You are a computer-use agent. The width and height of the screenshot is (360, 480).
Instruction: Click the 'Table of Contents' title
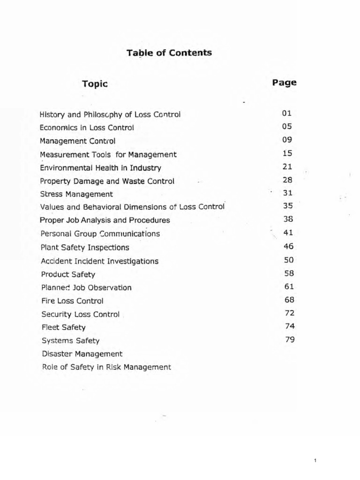pos(169,53)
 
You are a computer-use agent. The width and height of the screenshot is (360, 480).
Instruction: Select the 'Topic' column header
pos(95,84)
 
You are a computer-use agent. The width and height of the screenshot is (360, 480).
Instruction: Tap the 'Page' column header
pos(284,82)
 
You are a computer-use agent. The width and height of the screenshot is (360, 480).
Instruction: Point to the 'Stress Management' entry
pos(76,194)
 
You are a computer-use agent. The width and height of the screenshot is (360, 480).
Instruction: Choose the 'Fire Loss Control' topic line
pos(72,301)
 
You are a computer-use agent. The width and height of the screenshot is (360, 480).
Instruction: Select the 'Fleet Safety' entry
pos(63,328)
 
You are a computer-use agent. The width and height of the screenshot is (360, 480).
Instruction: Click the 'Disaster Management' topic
pos(82,354)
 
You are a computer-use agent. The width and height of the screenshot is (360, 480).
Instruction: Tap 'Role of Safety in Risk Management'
pos(106,367)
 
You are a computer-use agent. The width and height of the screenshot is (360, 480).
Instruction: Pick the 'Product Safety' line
pos(68,275)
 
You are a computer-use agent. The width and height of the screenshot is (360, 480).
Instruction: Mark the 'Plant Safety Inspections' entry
pos(85,247)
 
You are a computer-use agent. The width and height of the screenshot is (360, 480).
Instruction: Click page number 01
pos(287,113)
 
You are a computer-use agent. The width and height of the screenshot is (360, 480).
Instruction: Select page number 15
pos(287,153)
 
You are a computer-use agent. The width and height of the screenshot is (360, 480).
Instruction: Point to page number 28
pos(288,180)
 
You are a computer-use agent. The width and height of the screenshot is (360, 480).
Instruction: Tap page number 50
pos(289,260)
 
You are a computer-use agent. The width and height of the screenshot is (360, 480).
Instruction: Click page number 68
pos(289,300)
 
